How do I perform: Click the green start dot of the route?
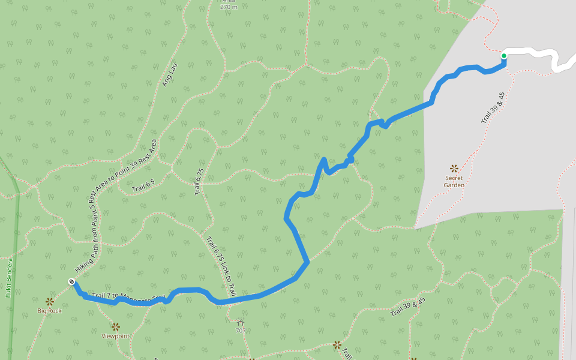[504, 56]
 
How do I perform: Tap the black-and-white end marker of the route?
[71, 281]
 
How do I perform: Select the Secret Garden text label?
[454, 181]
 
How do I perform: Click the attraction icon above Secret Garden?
[454, 169]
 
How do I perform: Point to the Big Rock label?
[49, 311]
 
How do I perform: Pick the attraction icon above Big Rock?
[49, 301]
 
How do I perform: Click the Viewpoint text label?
[115, 336]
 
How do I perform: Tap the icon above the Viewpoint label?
[115, 327]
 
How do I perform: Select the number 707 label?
[241, 331]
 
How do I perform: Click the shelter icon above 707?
[241, 323]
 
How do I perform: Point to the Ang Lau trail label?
[170, 76]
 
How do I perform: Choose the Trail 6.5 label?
[143, 187]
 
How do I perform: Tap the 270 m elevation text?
[229, 7]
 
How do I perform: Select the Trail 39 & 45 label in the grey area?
[493, 108]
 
